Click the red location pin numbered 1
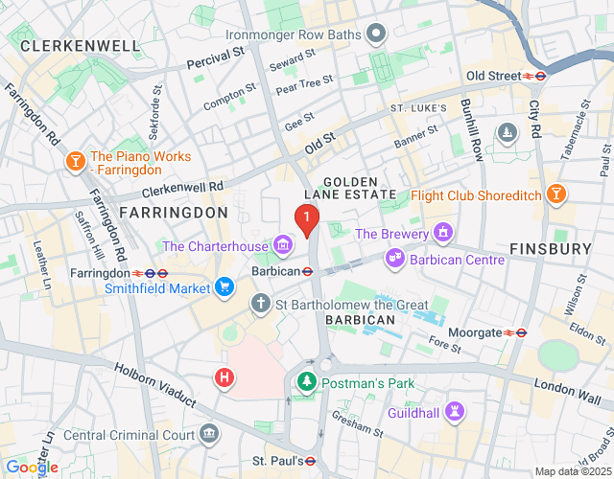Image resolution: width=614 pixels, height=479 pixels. coord(306,221)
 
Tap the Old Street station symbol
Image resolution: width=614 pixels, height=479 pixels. coord(534,76)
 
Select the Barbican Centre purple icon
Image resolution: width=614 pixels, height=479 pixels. coord(393,258)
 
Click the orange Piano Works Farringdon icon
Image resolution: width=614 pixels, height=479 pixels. coord(73,164)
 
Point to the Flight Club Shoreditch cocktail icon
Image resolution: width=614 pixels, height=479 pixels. coord(555,196)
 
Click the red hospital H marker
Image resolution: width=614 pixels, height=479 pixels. coord(224,377)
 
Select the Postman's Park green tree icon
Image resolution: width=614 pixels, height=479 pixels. coord(307,382)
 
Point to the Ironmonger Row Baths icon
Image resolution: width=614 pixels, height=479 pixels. coord(376,35)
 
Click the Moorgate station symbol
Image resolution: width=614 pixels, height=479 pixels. coord(515,332)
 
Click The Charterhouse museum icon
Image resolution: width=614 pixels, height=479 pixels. coord(283,246)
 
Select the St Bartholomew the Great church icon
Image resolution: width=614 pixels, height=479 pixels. coord(260,305)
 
